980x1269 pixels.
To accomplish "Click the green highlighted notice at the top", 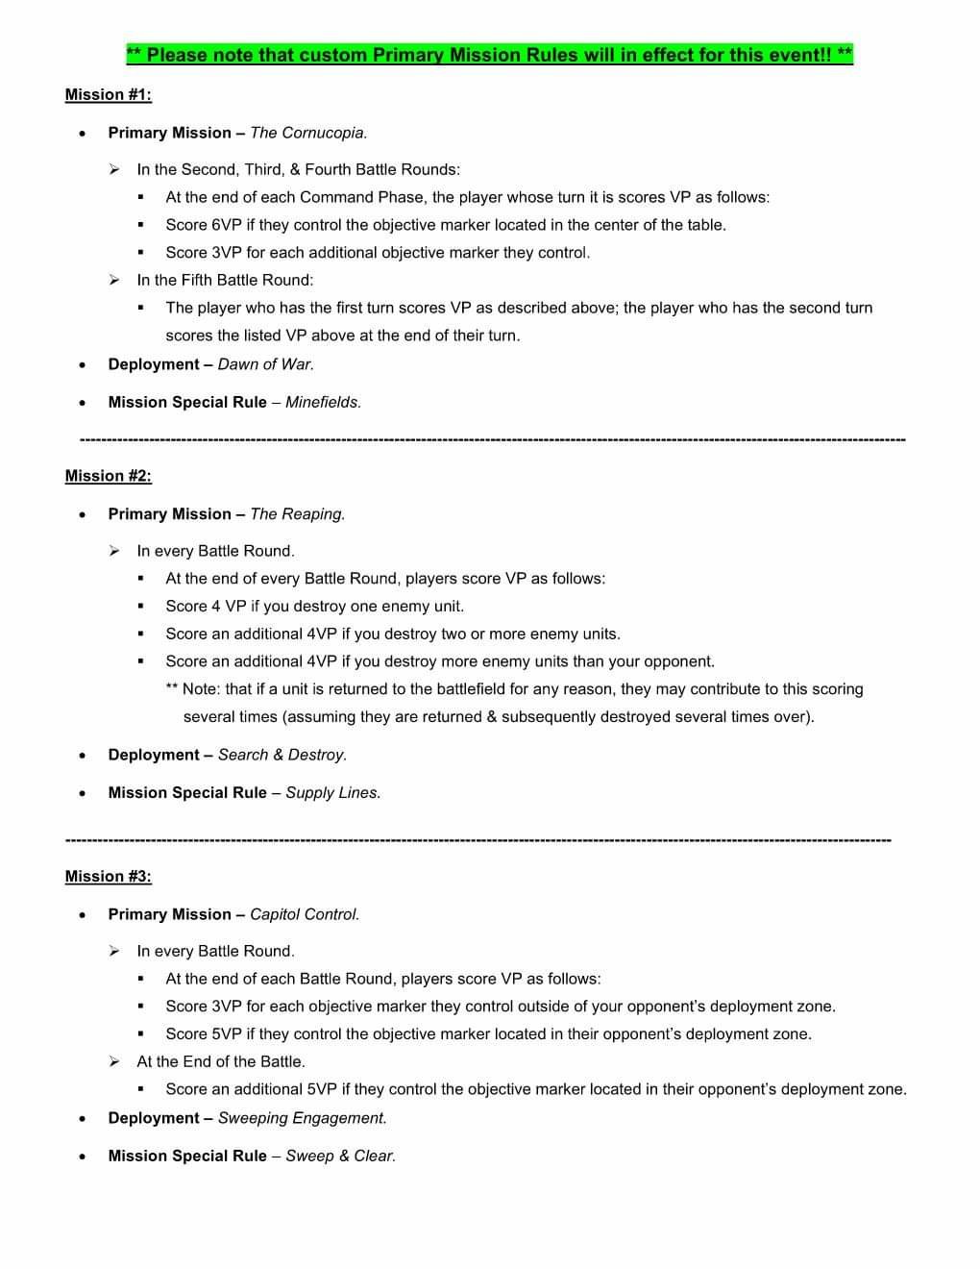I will (x=490, y=55).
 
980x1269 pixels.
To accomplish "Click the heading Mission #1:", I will (x=108, y=94).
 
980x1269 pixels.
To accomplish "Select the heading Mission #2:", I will (x=108, y=476).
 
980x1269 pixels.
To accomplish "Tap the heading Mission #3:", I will (x=108, y=876).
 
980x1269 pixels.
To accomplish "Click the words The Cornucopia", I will (x=308, y=133).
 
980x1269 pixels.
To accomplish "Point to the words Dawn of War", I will (x=266, y=364).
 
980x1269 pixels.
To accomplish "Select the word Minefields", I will (x=323, y=402).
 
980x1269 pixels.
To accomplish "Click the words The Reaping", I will (x=297, y=514).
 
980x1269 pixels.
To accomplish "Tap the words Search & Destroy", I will (x=282, y=755).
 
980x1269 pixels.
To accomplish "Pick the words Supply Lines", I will (x=332, y=793).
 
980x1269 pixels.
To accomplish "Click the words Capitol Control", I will (x=305, y=914).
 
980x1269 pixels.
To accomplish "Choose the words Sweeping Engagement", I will (x=302, y=1118).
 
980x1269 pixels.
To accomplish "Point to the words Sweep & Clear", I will (x=340, y=1156).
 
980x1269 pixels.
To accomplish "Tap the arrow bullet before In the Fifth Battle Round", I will (x=114, y=280).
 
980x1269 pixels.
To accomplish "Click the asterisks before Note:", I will (x=172, y=689).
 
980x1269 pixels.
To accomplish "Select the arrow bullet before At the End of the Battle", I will (x=114, y=1061).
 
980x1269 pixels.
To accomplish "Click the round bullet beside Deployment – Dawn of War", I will (x=85, y=365).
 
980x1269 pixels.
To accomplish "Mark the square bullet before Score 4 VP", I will (x=141, y=607).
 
